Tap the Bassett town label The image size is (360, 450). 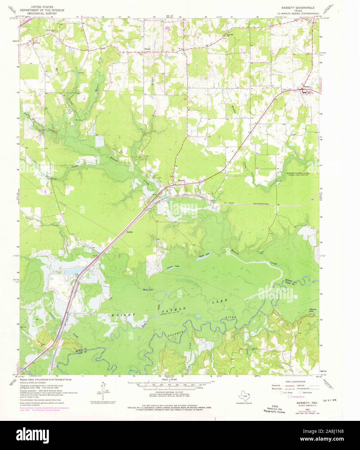182,181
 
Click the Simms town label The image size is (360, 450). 306,87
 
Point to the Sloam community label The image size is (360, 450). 148,49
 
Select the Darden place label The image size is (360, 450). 129,232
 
